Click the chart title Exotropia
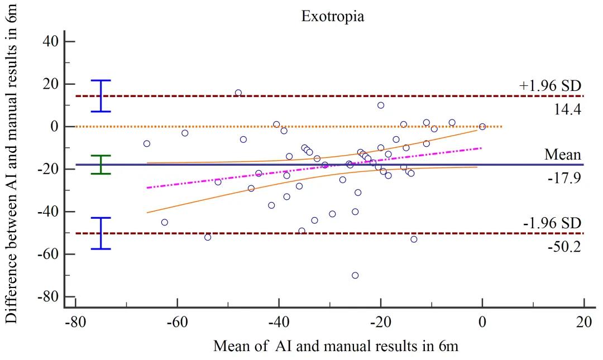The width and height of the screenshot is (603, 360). coord(333,16)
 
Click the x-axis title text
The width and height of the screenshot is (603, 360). coord(336,346)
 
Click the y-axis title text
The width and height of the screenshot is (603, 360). coord(13,162)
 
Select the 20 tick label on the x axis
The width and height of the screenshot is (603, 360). coord(583,323)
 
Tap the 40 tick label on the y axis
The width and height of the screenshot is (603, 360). coord(51,42)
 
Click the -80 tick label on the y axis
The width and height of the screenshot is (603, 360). coord(48,297)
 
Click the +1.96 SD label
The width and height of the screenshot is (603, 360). coord(550,86)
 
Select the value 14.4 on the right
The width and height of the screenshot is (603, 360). coord(568,109)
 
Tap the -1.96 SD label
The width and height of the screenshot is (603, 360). coord(552,223)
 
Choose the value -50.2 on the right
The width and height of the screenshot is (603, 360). coord(564,246)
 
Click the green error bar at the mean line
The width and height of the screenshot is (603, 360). coord(101,165)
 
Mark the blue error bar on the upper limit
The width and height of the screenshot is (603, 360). coord(101,96)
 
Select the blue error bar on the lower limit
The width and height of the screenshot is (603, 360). coord(101,233)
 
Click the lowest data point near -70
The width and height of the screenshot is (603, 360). coord(355,275)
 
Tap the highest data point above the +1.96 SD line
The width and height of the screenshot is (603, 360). coord(238,93)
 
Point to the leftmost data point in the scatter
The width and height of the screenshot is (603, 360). coord(147,143)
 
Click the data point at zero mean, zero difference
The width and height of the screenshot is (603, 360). coord(482,127)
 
